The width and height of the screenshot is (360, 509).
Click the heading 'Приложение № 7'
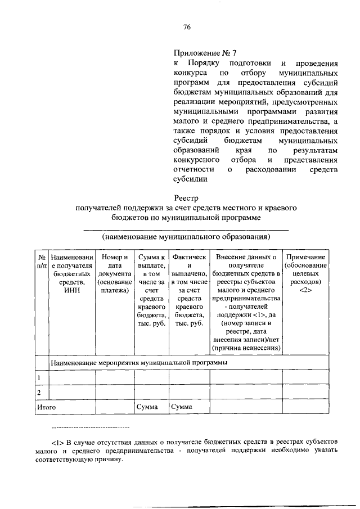pos(205,53)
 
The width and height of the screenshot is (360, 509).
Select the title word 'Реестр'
pos(187,198)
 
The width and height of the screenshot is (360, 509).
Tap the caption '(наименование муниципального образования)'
pos(186,237)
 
